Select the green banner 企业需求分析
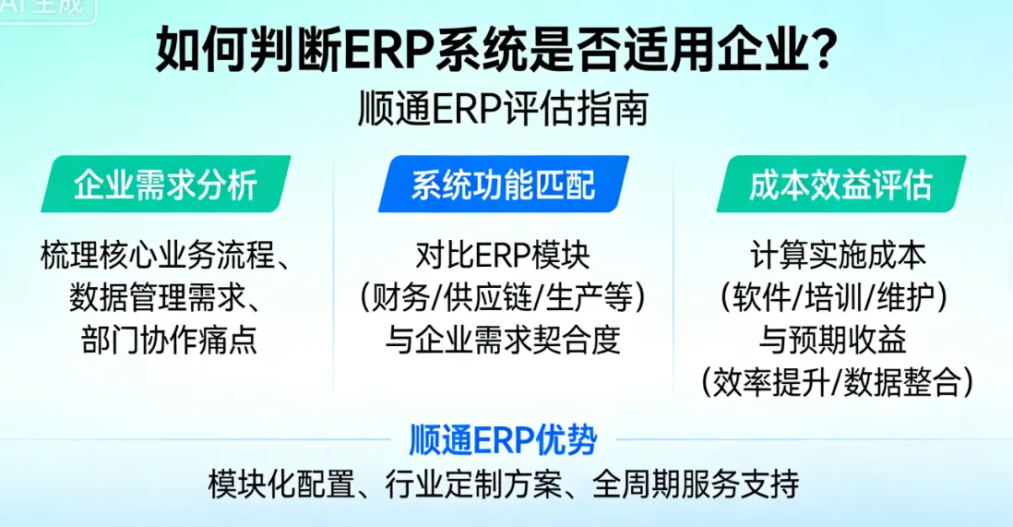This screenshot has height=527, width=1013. (x=166, y=185)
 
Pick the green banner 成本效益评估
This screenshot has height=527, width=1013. (x=840, y=185)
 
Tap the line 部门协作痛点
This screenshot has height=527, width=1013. (x=166, y=341)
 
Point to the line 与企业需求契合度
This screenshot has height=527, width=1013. (x=503, y=341)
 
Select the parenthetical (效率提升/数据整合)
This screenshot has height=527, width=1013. (x=838, y=382)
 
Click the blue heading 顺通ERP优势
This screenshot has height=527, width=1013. (x=503, y=440)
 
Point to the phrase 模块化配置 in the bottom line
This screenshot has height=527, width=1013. (x=280, y=484)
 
